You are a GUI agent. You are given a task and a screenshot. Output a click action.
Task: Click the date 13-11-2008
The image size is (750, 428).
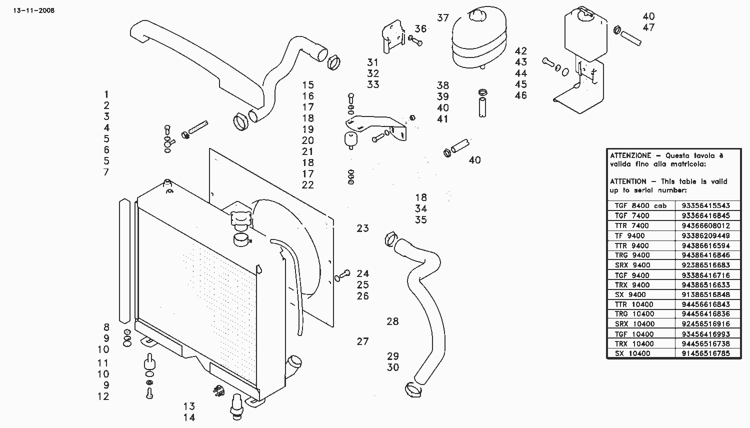pyautogui.click(x=34, y=10)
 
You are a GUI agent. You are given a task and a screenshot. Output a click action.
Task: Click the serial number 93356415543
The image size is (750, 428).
pyautogui.click(x=706, y=205)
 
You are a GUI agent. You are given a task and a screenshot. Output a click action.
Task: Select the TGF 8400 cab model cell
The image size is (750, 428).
pyautogui.click(x=640, y=205)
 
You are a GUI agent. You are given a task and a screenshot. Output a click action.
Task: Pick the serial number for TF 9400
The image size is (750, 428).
pyautogui.click(x=706, y=235)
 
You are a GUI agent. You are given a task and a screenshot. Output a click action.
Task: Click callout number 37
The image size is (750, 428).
pyautogui.click(x=442, y=17)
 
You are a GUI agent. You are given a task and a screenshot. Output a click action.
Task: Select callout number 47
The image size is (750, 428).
pyautogui.click(x=648, y=27)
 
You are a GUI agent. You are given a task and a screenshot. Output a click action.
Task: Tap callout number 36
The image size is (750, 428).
pyautogui.click(x=420, y=29)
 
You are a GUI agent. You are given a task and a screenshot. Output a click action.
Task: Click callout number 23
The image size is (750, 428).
pyautogui.click(x=362, y=228)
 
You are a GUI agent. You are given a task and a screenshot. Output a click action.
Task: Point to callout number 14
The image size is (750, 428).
pyautogui.click(x=189, y=417)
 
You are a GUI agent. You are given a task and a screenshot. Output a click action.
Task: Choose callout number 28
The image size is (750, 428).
pyautogui.click(x=392, y=321)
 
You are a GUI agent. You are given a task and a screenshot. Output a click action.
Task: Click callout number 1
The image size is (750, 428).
pyautogui.click(x=106, y=94)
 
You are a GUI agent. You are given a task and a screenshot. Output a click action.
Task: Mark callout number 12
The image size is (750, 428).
pyautogui.click(x=103, y=396)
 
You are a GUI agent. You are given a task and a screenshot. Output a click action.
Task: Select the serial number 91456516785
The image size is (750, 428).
pyautogui.click(x=706, y=353)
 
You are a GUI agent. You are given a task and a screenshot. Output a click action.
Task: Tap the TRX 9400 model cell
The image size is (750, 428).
pyautogui.click(x=632, y=285)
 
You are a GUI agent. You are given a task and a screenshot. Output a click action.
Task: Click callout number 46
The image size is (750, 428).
pyautogui.click(x=521, y=95)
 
